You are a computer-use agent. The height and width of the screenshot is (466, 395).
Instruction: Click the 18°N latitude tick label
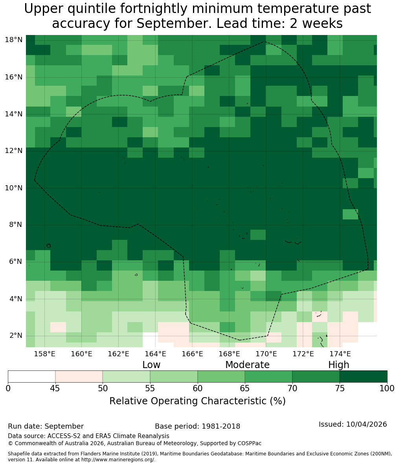14,40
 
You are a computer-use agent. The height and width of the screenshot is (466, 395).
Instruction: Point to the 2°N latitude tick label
16,335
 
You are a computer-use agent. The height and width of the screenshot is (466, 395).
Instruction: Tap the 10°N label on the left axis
14,188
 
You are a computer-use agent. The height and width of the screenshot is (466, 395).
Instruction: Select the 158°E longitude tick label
45,354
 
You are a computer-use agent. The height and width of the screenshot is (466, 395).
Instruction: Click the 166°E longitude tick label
193,354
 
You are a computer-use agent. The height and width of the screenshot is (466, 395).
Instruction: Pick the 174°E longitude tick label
340,354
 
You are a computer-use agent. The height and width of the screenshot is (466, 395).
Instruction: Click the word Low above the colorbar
151,365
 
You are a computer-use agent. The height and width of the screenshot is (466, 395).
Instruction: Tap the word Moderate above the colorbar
247,365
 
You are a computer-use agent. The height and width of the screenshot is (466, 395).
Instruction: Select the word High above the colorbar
338,365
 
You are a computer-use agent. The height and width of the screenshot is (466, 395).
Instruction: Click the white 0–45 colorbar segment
31,377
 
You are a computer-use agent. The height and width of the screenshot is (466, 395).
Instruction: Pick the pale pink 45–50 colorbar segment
79,377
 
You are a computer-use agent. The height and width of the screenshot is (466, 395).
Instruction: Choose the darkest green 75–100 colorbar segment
364,377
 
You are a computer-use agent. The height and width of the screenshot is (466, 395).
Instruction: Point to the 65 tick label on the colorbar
245,389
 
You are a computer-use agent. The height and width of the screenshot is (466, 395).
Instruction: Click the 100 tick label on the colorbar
387,389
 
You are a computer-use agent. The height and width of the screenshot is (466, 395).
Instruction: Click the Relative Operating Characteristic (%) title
197,401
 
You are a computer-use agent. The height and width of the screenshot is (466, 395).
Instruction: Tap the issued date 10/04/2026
366,424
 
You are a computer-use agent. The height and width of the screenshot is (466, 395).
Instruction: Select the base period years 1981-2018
221,426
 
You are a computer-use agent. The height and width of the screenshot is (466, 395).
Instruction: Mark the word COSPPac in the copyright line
250,444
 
